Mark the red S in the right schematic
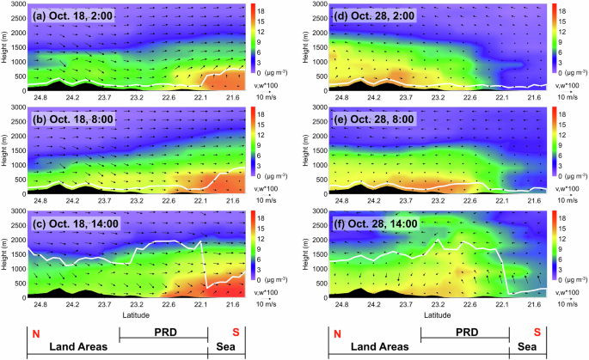(x=537, y=333)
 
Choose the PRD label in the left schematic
(x=163, y=332)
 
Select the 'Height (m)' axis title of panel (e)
(x=308, y=148)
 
